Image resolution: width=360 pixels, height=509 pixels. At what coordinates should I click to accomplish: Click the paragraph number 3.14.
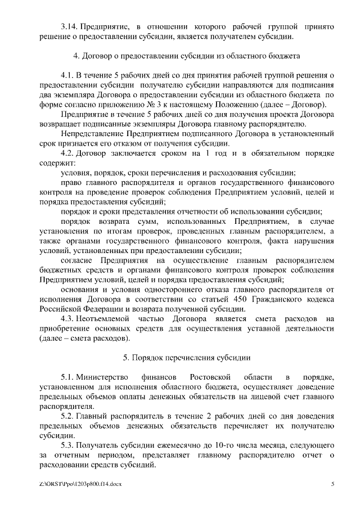(68, 26)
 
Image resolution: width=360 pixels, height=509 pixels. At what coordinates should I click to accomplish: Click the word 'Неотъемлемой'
(105, 318)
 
